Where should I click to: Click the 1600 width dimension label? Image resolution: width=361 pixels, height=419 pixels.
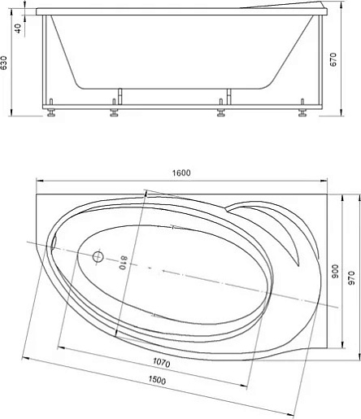tap(181, 172)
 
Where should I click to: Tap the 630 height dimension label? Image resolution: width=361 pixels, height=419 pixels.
tap(4, 63)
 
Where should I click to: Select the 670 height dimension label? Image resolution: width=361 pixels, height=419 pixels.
tap(333, 59)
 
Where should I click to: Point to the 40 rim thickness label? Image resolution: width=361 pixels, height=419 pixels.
tap(17, 28)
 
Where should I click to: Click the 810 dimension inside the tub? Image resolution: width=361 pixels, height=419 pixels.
tap(124, 263)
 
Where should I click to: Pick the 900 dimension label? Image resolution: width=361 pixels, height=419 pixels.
tap(335, 271)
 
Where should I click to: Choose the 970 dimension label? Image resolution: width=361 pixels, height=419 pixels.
tap(351, 278)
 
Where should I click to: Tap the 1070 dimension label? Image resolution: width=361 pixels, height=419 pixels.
tap(162, 362)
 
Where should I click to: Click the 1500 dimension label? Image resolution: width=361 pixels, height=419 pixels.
tap(157, 381)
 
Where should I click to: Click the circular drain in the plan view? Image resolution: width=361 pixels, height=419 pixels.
tap(98, 256)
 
